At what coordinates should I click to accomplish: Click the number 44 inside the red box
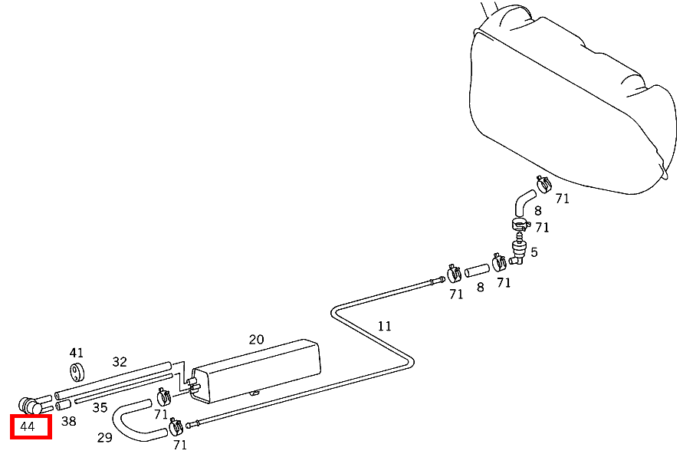27,426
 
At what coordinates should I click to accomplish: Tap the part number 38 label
68,421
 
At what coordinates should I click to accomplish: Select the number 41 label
76,353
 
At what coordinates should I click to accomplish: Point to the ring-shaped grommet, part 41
77,370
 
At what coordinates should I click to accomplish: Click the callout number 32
120,362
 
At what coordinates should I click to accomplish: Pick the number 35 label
100,407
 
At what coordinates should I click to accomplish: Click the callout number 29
104,437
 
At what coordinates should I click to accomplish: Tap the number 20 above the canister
256,340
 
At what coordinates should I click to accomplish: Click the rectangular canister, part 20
256,370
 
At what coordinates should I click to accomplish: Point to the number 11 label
384,327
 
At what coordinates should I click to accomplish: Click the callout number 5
534,252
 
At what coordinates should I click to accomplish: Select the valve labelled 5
518,249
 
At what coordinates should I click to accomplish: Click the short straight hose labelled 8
477,270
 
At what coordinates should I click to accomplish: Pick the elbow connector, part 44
30,406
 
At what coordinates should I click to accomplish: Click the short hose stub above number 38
63,405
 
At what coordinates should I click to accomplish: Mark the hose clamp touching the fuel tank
543,184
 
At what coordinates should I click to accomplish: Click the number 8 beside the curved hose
538,211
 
